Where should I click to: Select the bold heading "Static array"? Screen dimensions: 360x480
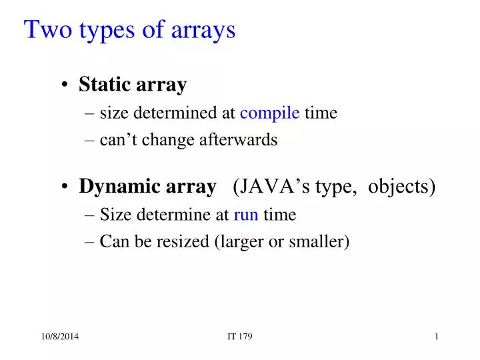pyautogui.click(x=133, y=85)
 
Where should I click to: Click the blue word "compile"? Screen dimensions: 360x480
pyautogui.click(x=269, y=113)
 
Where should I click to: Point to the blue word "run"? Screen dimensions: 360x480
pyautogui.click(x=246, y=215)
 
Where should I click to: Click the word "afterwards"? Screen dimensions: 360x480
pyautogui.click(x=243, y=140)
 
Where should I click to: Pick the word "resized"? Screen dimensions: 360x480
pyautogui.click(x=183, y=241)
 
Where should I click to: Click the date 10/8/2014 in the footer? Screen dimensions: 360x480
pyautogui.click(x=56, y=337)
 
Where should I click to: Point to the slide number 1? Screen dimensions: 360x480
pyautogui.click(x=436, y=337)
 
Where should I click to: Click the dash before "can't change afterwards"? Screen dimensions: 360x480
pyautogui.click(x=91, y=141)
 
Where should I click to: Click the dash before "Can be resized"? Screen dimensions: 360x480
pyautogui.click(x=91, y=242)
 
